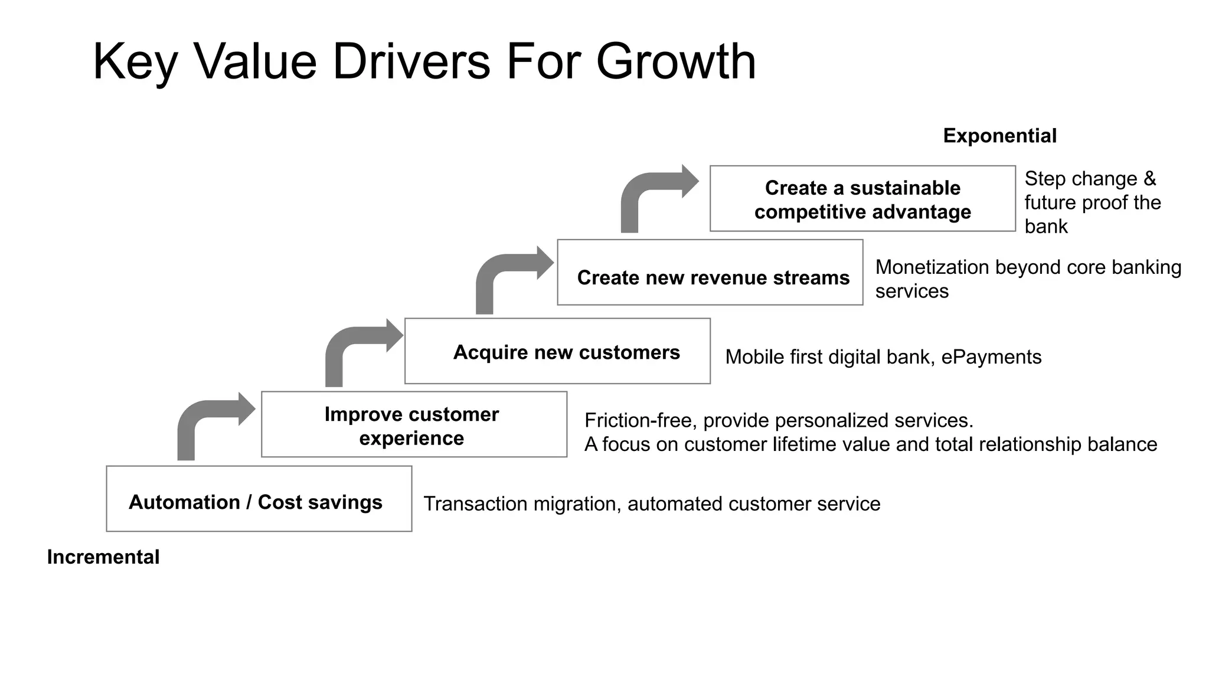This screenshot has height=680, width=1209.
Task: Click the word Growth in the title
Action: [x=675, y=61]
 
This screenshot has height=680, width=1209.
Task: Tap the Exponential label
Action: [x=999, y=136]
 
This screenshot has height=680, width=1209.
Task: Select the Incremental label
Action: [x=103, y=557]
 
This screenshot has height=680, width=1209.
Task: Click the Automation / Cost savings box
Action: [x=259, y=499]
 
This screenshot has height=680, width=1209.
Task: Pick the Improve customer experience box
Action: [x=414, y=424]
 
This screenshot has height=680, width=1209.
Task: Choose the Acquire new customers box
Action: [x=557, y=351]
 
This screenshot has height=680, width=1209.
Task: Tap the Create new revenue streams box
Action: [x=710, y=273]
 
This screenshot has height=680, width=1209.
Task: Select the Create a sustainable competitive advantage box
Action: [x=862, y=199]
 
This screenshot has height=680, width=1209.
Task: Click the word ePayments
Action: [x=991, y=357]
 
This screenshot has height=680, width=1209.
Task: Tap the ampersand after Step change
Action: [x=1149, y=179]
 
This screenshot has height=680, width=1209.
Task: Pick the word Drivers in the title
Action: [x=411, y=61]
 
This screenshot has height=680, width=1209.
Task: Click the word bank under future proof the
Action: [x=1045, y=227]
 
